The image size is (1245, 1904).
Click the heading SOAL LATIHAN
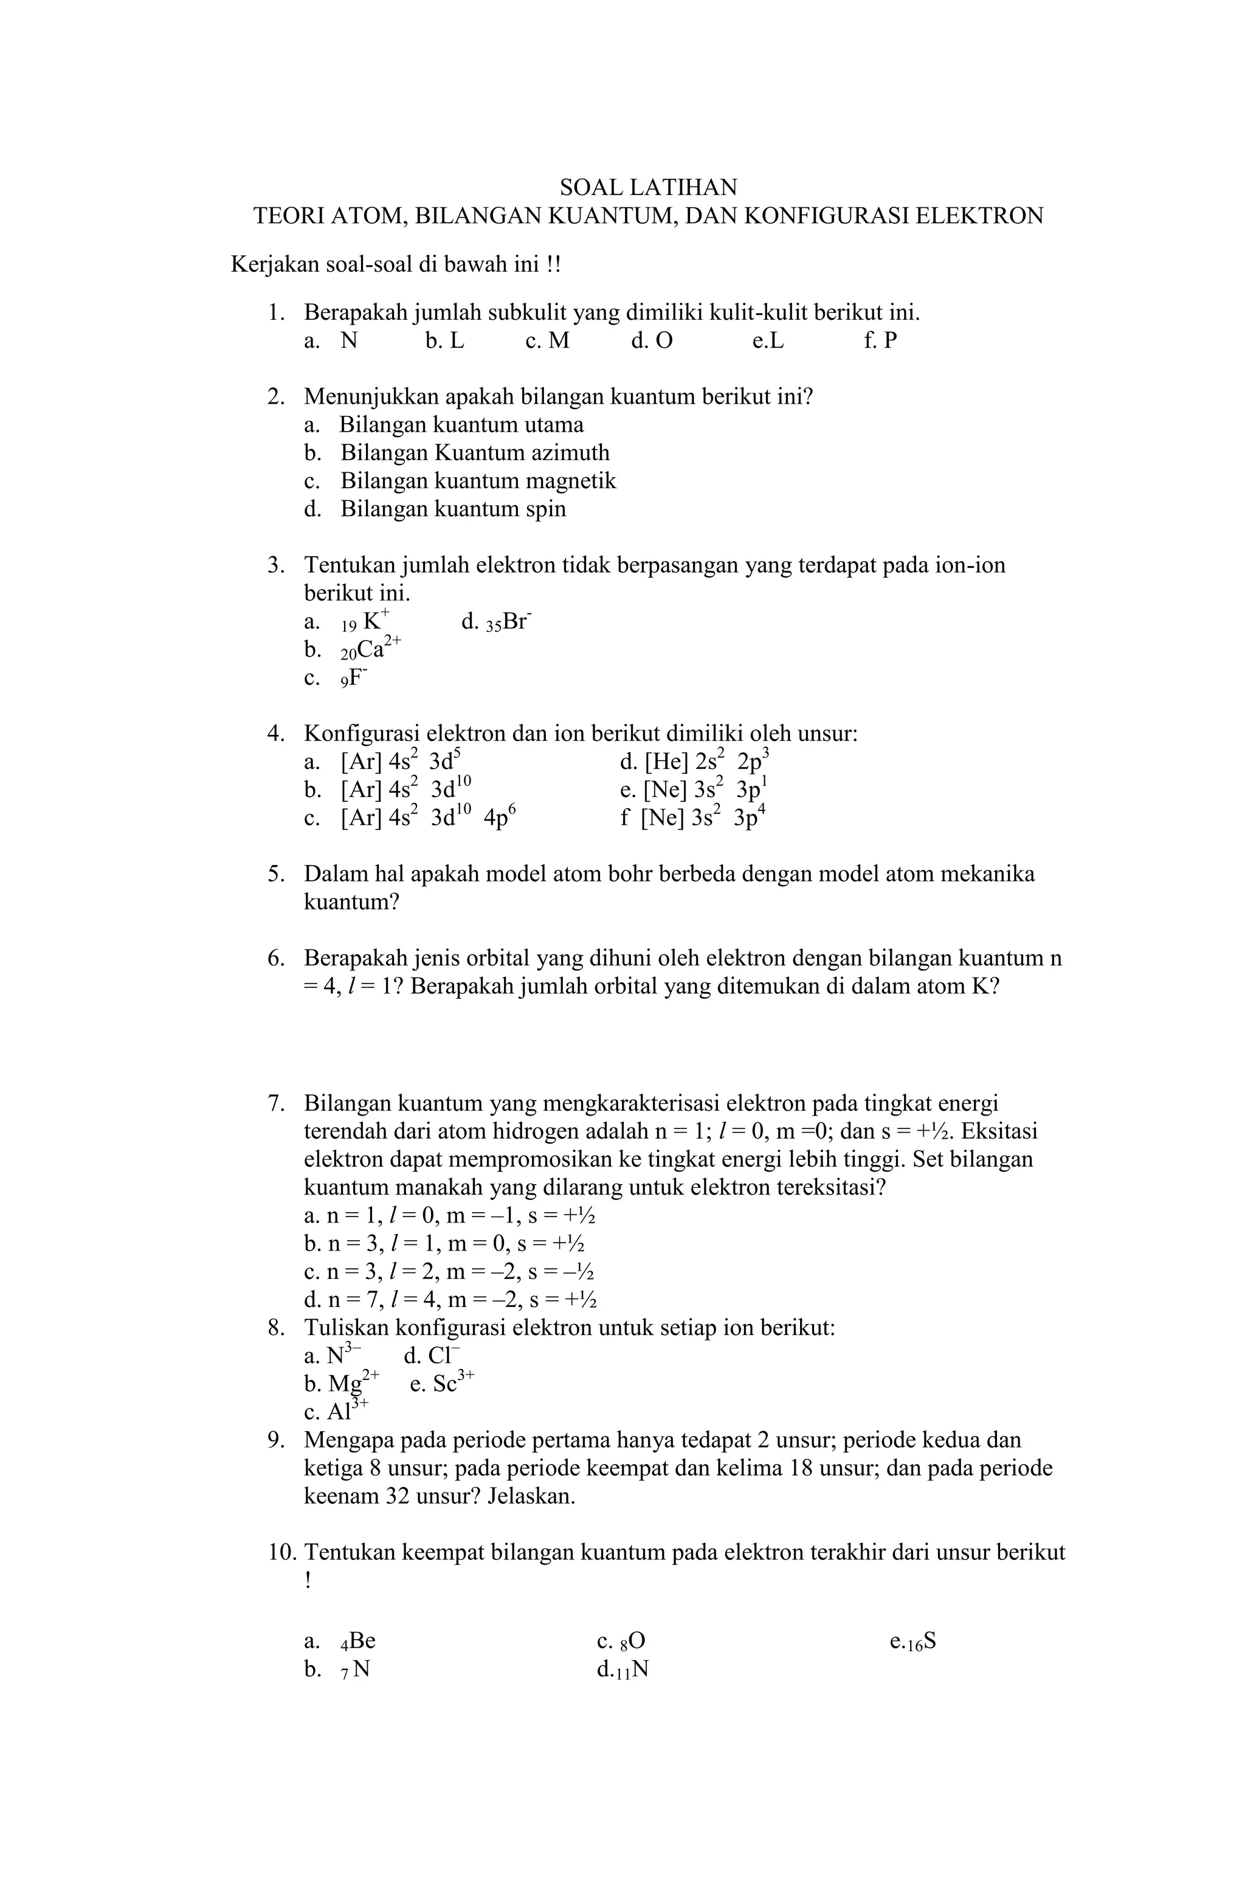coord(647,187)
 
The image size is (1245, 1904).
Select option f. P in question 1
coord(880,341)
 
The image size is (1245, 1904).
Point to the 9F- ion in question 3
coord(354,678)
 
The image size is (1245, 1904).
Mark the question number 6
coord(275,957)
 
